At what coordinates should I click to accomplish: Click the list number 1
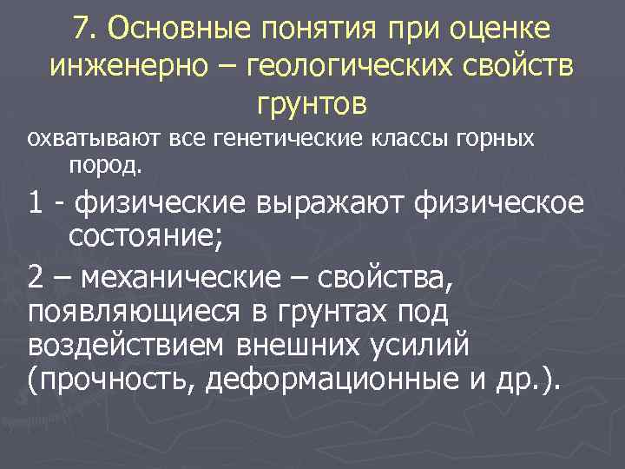click(x=36, y=202)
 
